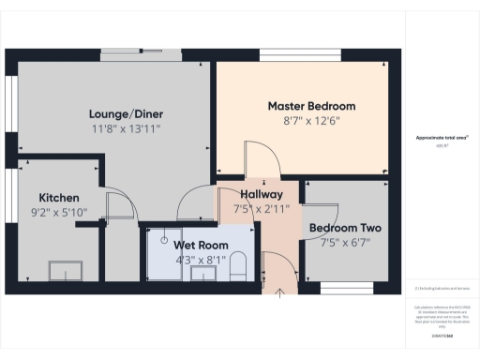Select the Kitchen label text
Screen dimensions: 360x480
pyautogui.click(x=58, y=197)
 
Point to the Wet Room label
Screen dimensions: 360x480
pyautogui.click(x=194, y=245)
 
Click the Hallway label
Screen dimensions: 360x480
pyautogui.click(x=251, y=193)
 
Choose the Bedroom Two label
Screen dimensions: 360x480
pyautogui.click(x=345, y=228)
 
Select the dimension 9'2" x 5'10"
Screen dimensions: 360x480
pyautogui.click(x=58, y=213)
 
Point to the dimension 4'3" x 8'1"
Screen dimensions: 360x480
pyautogui.click(x=194, y=260)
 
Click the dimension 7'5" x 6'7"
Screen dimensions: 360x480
pyautogui.click(x=345, y=243)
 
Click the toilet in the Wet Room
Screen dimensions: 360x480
pyautogui.click(x=237, y=265)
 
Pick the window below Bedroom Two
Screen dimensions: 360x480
pyautogui.click(x=347, y=286)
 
